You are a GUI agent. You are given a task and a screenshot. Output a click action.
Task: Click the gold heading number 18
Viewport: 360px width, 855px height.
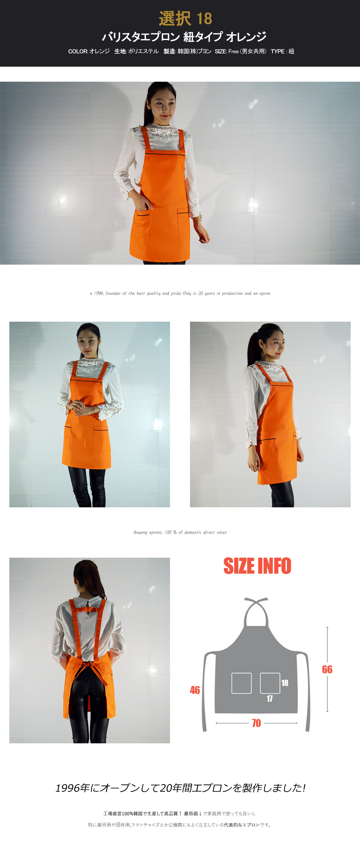pos(204,19)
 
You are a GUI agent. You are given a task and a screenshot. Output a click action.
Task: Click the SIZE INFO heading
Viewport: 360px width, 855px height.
pos(257,566)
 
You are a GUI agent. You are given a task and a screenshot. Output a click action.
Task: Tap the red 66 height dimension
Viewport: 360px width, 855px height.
pos(327,669)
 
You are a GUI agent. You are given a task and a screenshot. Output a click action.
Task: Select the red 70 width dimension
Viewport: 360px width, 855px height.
pos(256,723)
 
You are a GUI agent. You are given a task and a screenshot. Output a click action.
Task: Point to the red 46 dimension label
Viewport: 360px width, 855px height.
pos(195,690)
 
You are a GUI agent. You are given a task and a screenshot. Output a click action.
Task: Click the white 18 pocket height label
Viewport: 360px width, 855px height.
pos(285,683)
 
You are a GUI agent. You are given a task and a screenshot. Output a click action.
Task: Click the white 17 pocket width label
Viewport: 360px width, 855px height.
pos(270,699)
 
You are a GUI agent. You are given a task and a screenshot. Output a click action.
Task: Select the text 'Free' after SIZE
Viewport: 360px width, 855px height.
pos(233,51)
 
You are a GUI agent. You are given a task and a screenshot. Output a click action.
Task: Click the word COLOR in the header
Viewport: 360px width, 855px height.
pos(78,51)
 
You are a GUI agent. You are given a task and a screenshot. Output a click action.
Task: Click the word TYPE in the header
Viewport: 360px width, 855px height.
pos(278,51)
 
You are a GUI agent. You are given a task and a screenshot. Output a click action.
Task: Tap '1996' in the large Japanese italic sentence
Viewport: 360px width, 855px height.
pos(67,788)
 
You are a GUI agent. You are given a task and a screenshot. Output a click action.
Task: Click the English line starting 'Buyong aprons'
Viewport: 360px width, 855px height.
pos(180,532)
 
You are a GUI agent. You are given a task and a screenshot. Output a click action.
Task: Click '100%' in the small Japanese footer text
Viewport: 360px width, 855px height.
pos(127,814)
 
